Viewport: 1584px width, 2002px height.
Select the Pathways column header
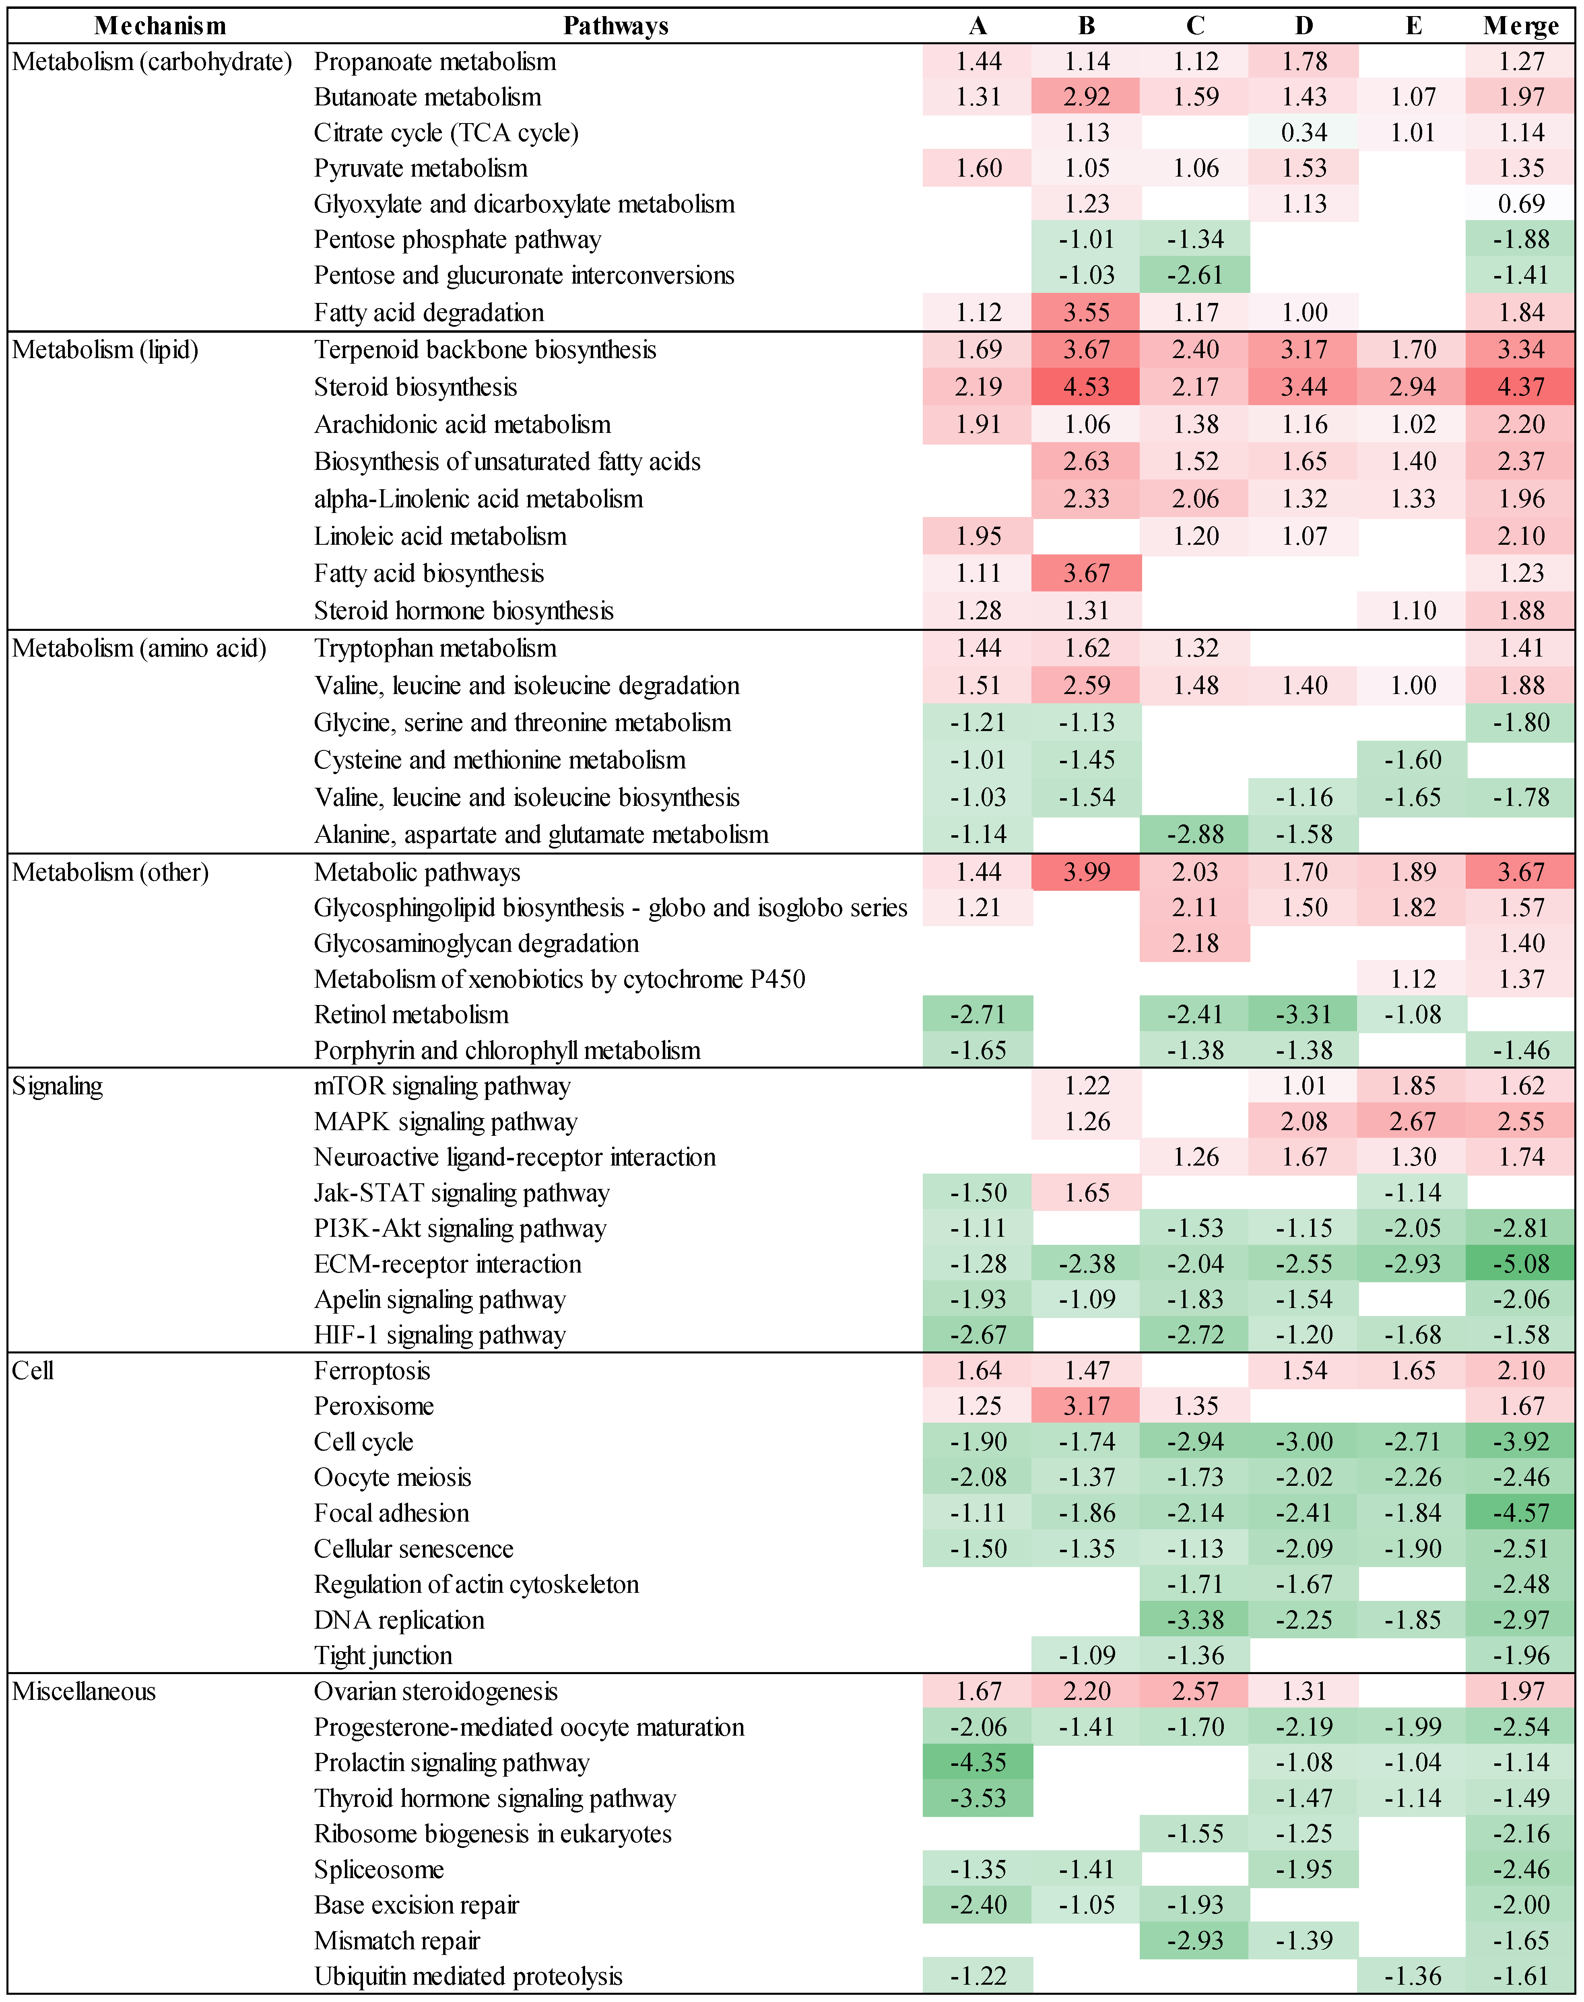[x=616, y=26]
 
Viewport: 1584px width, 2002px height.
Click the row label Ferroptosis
[x=372, y=1370]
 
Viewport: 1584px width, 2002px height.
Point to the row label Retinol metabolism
[x=411, y=1014]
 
